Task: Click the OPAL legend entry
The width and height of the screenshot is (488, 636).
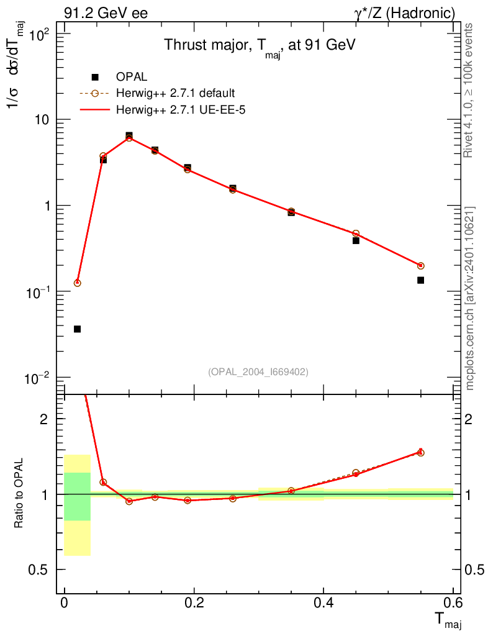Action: [132, 77]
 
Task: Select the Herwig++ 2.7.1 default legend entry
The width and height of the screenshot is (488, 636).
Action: [175, 94]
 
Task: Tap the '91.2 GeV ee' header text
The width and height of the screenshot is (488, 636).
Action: [106, 13]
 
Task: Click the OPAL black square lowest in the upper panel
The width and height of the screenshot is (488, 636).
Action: [77, 329]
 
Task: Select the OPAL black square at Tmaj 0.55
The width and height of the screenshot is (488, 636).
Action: [420, 280]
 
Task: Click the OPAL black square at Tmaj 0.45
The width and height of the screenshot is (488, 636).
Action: [356, 240]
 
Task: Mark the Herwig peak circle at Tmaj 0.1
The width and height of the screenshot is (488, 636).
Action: [129, 138]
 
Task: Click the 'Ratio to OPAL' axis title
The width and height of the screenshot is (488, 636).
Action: [20, 494]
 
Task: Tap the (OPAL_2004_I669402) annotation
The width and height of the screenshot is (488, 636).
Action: [258, 371]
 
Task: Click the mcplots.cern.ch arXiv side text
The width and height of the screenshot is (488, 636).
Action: [471, 298]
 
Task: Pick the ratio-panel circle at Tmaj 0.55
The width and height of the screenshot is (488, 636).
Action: [420, 453]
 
